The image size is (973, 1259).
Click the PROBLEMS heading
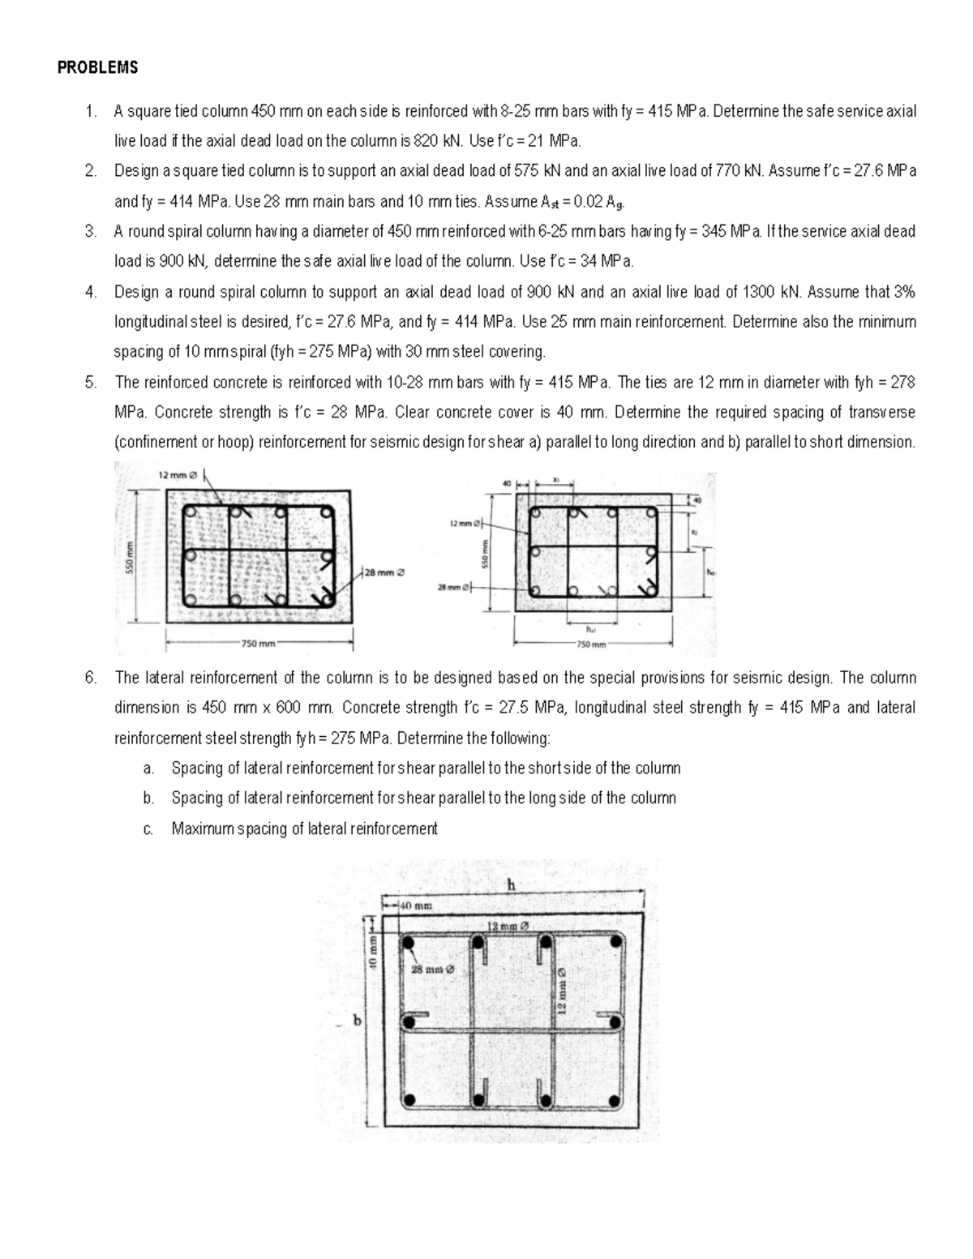pos(97,68)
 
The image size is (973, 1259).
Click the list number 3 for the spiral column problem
pos(90,232)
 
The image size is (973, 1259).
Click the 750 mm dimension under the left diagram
pos(259,644)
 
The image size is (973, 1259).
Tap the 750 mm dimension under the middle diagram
pos(591,644)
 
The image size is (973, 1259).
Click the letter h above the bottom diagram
pos(511,885)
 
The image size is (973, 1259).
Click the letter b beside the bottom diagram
pos(356,1021)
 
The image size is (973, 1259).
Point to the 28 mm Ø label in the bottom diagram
pos(434,968)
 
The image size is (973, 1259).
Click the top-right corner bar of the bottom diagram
pos(618,944)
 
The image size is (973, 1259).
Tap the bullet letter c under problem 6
pos(147,829)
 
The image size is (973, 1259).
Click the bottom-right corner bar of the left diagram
pos(326,600)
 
